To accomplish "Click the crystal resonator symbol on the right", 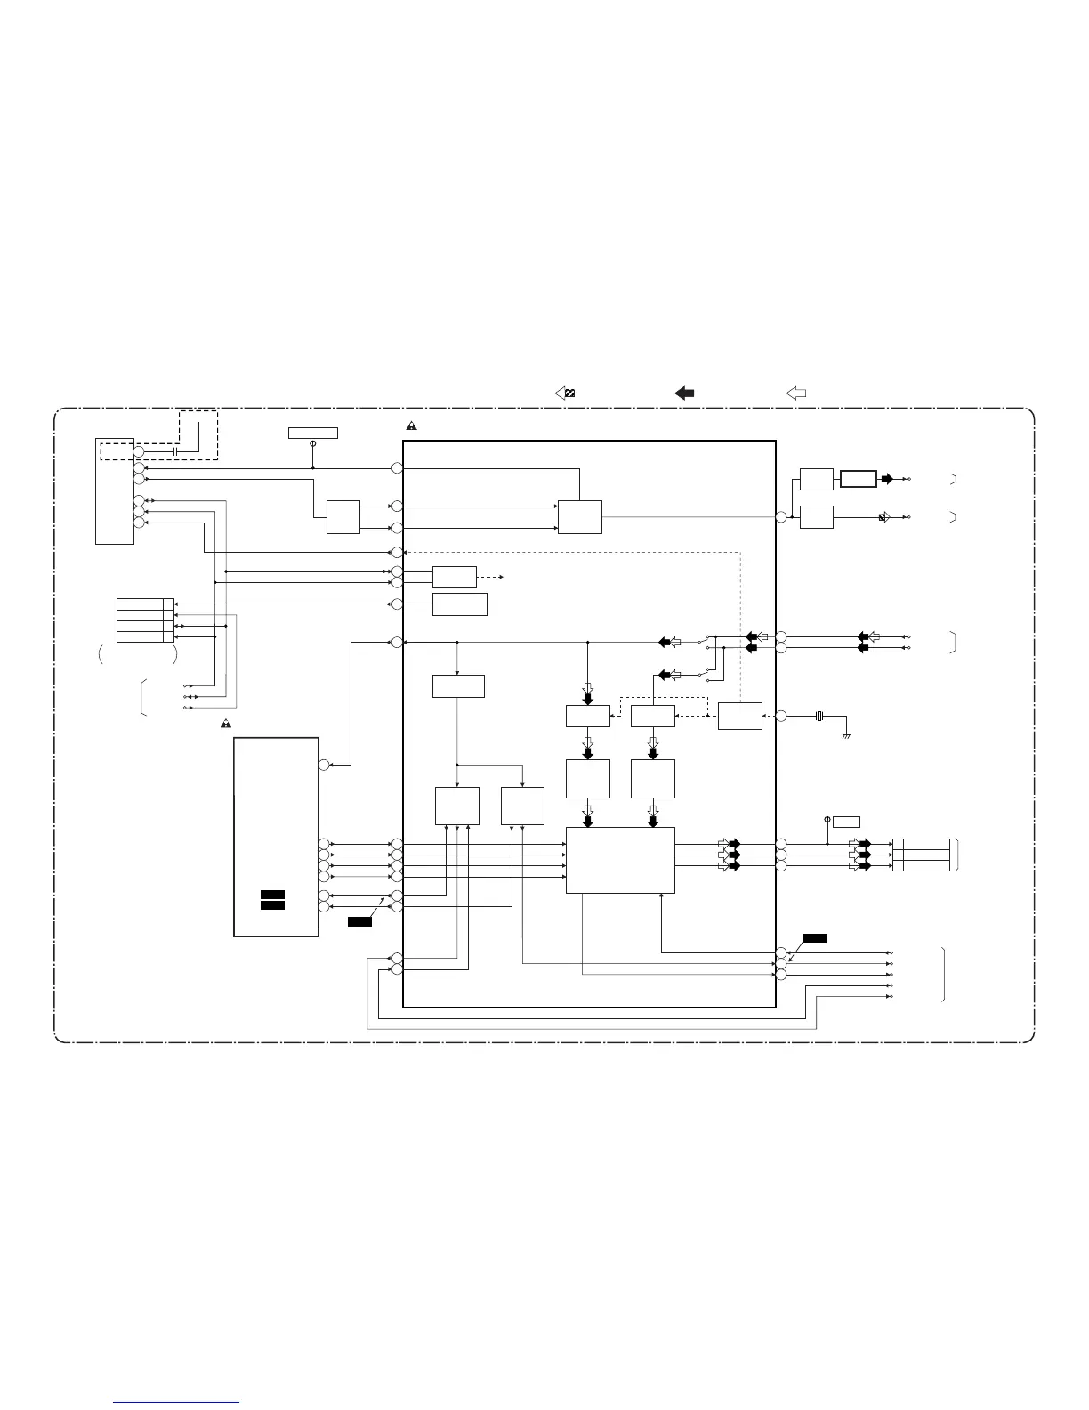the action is tap(819, 716).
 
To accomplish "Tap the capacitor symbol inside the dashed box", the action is tap(176, 452).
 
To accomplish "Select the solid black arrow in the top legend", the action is tap(684, 393).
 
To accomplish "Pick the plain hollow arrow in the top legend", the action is tap(796, 393).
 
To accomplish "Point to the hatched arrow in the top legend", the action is tap(565, 393).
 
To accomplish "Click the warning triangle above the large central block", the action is tap(412, 425).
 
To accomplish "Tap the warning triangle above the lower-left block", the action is tap(227, 724).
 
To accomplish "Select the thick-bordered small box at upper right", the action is tap(859, 479).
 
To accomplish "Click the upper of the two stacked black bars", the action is tap(272, 894).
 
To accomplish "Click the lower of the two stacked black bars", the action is tap(272, 905).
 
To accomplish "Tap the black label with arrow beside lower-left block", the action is tap(359, 920).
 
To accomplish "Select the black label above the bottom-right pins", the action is tap(813, 937).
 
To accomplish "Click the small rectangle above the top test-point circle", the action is tap(312, 433).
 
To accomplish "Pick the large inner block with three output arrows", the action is tap(620, 860).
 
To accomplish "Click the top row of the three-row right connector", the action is tap(921, 843).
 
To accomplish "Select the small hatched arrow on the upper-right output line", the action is tap(883, 516).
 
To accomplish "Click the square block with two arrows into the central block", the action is tap(343, 517).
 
